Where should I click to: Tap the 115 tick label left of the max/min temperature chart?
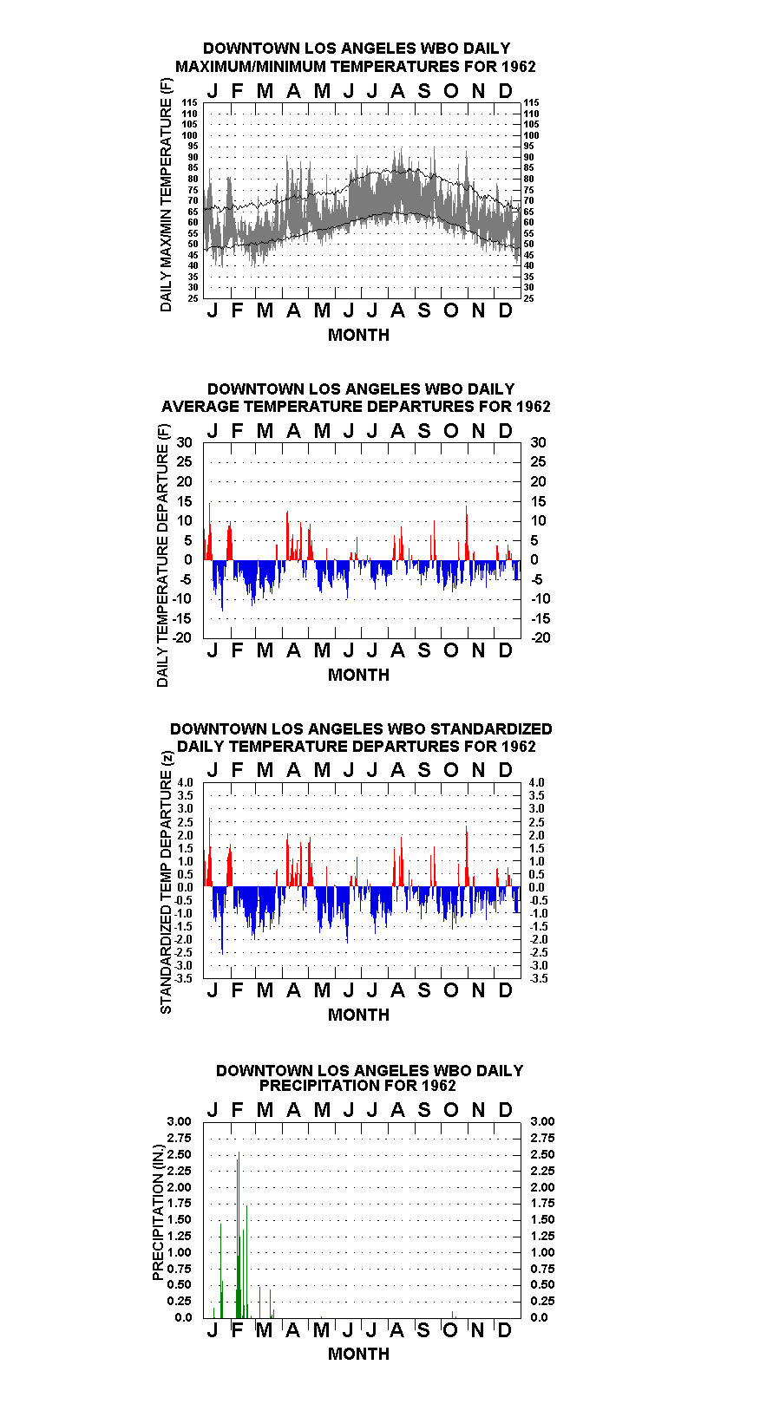[190, 102]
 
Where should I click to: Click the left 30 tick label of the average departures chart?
[184, 442]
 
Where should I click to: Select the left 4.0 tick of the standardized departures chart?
[185, 782]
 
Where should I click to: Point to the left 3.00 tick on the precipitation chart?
[179, 1121]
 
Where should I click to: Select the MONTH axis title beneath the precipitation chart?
[359, 1354]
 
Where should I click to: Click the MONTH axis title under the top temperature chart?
[359, 336]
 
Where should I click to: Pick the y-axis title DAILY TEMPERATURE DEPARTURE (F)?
[163, 555]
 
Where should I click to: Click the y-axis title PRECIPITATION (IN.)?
[158, 1212]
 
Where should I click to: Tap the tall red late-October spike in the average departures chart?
[467, 532]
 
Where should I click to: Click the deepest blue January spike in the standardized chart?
[222, 920]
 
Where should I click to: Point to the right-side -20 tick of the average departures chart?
[541, 637]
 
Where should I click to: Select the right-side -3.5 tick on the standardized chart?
[539, 978]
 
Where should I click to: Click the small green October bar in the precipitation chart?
[453, 1315]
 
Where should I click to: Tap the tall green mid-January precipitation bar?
[221, 1270]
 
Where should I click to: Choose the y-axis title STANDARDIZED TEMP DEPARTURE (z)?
[167, 883]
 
